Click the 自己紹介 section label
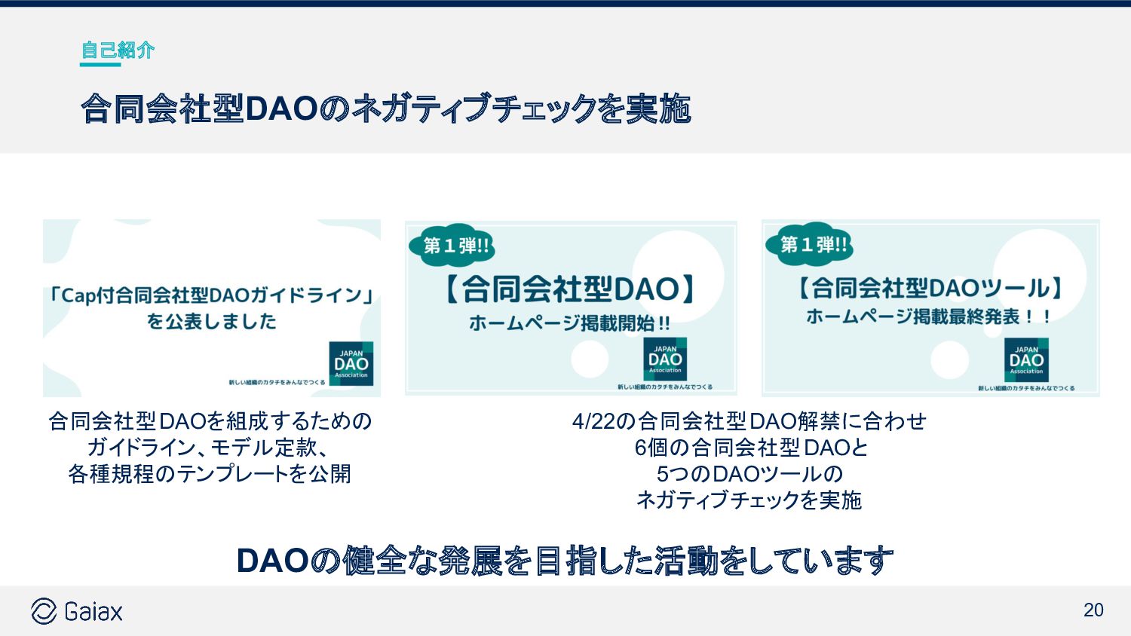[117, 50]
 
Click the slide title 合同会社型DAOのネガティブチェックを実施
[385, 109]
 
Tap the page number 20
[1093, 610]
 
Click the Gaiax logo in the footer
[77, 611]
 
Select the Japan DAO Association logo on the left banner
[351, 363]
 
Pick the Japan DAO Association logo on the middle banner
[665, 359]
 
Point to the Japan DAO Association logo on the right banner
[1026, 359]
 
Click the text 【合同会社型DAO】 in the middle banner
[570, 289]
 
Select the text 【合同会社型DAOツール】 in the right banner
[930, 288]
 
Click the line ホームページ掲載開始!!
[569, 323]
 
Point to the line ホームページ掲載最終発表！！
[929, 316]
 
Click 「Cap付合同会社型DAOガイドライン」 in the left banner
[211, 295]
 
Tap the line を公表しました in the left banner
[211, 322]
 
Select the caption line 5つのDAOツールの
[749, 474]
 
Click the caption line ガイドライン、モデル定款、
[208, 448]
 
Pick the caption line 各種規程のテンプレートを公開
[210, 474]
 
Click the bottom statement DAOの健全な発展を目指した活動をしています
[565, 561]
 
